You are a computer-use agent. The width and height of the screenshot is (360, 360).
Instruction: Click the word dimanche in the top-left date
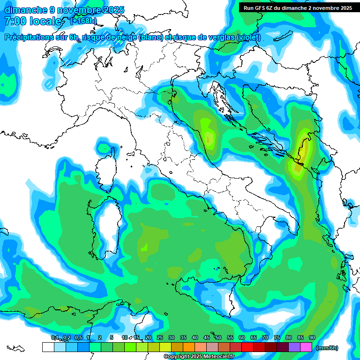pyautogui.click(x=26, y=10)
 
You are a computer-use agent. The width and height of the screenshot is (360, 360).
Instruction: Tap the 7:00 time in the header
pyautogui.click(x=15, y=21)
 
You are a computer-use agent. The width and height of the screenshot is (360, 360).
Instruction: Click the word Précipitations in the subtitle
pyautogui.click(x=36, y=37)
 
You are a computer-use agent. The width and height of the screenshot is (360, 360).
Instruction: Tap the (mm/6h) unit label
pyautogui.click(x=327, y=348)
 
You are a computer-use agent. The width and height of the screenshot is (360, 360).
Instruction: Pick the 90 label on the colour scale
pyautogui.click(x=312, y=338)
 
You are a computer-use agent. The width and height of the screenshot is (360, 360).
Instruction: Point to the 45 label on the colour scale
pyautogui.click(x=206, y=338)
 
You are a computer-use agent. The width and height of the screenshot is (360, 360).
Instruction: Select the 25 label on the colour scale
pyautogui.click(x=159, y=338)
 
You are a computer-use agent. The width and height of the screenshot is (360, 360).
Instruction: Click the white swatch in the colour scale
pyautogui.click(x=48, y=347)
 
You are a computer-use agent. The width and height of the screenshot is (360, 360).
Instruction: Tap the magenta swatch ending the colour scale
pyautogui.click(x=306, y=347)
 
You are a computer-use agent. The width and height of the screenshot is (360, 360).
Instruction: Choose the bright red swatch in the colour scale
pyautogui.click(x=247, y=347)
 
